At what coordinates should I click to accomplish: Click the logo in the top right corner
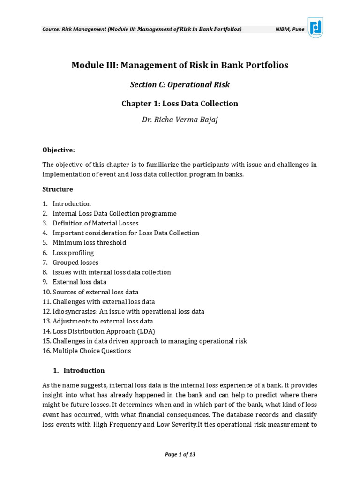[x=315, y=28]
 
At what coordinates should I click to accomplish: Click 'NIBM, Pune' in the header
[x=289, y=29]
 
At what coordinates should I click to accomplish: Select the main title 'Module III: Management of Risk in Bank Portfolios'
[x=180, y=65]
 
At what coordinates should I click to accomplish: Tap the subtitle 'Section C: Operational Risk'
[x=180, y=85]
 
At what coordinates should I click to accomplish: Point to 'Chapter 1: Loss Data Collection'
[x=180, y=103]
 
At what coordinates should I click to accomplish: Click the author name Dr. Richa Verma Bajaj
[x=180, y=120]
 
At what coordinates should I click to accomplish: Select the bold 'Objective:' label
[x=59, y=150]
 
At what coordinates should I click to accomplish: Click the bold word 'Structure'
[x=58, y=189]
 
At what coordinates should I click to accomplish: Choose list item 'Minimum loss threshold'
[x=89, y=243]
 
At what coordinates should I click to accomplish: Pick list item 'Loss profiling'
[x=73, y=253]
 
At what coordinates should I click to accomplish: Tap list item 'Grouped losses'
[x=75, y=262]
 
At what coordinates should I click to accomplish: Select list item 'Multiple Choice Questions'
[x=92, y=351]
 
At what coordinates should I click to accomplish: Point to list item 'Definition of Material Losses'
[x=95, y=223]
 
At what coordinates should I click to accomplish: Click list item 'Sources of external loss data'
[x=95, y=292]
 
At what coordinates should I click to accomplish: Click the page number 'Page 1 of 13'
[x=180, y=454]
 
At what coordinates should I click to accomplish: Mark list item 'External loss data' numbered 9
[x=79, y=282]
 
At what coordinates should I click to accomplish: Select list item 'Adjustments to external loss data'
[x=103, y=321]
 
